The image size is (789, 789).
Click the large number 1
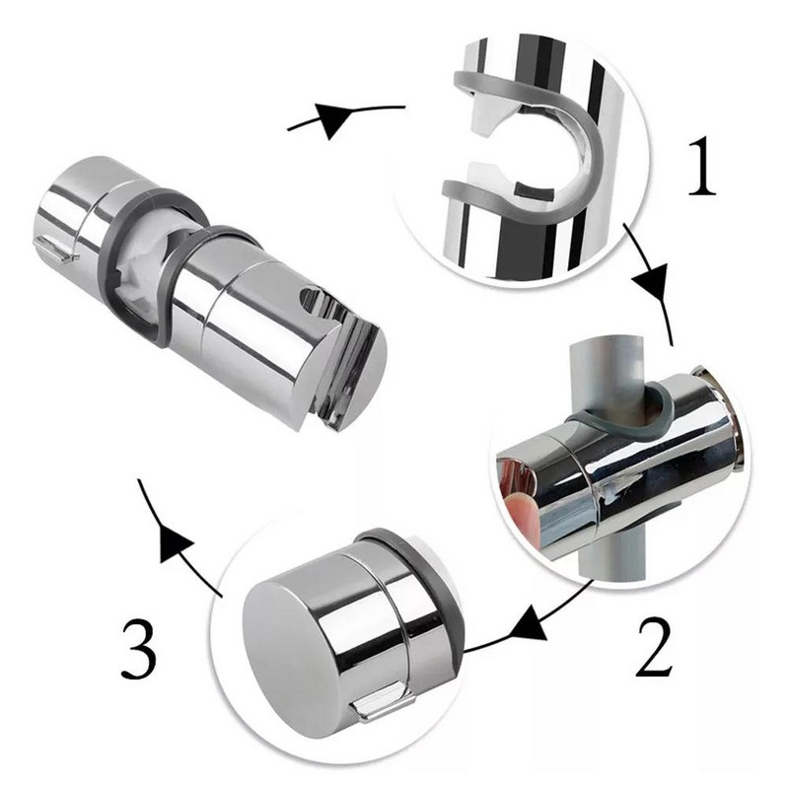coord(702,167)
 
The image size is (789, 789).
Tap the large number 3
coord(139,649)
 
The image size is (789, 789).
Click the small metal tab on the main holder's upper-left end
coord(57,251)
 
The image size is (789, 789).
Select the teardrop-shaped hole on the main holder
coord(311,301)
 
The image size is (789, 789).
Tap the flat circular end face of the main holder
coord(354,378)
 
